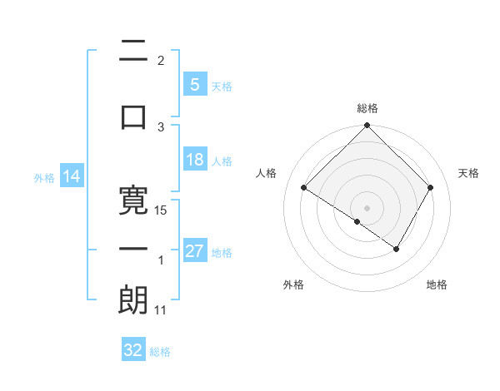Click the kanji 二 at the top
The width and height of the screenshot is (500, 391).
click(x=133, y=52)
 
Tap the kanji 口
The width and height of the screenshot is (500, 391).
click(x=133, y=116)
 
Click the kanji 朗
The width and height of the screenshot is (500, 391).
click(x=133, y=300)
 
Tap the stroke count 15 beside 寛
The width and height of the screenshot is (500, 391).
click(x=162, y=210)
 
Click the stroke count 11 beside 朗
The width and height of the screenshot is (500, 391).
click(x=161, y=310)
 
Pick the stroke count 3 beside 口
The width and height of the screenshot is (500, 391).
click(x=161, y=126)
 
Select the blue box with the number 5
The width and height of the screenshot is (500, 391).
click(x=194, y=84)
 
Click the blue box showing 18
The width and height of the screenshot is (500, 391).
click(x=194, y=160)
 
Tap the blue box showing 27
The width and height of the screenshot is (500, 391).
click(x=194, y=251)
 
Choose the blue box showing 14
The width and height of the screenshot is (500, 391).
click(x=72, y=176)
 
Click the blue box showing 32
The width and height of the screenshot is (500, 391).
click(x=133, y=350)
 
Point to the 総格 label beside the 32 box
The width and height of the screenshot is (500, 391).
click(x=161, y=352)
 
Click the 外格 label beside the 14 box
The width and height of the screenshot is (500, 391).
click(x=43, y=178)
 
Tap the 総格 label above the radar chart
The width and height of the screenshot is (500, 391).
click(x=367, y=108)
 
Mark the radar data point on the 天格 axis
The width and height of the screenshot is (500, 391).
click(x=431, y=188)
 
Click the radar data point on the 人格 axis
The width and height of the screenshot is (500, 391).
click(x=304, y=189)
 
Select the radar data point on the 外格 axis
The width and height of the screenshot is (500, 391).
click(x=357, y=221)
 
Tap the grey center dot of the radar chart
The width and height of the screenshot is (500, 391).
click(x=367, y=207)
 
